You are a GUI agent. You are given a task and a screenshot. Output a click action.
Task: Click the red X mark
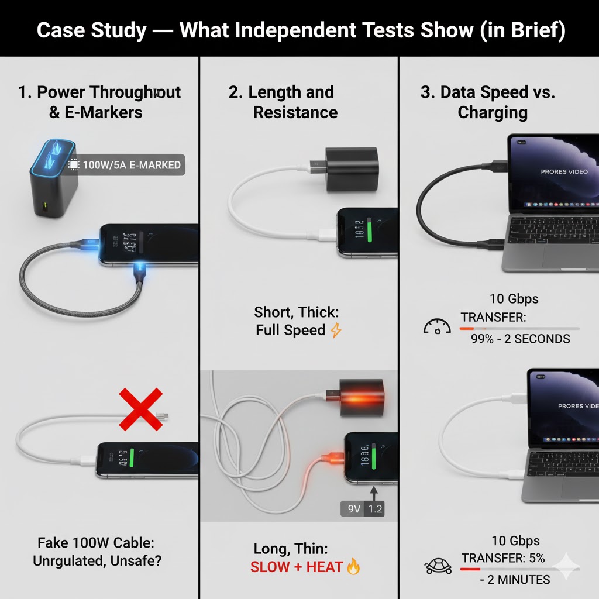141,409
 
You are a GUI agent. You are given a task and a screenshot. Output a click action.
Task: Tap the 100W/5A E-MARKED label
131,165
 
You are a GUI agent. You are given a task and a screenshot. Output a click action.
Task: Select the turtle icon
438,566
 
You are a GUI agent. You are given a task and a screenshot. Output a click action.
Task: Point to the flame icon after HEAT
353,566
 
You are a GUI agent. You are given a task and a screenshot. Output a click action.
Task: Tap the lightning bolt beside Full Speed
336,331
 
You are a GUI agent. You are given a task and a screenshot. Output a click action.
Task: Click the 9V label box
353,508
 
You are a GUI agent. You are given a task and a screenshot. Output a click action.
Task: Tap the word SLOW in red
270,566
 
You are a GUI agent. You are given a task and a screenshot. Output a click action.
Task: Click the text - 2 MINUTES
515,580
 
